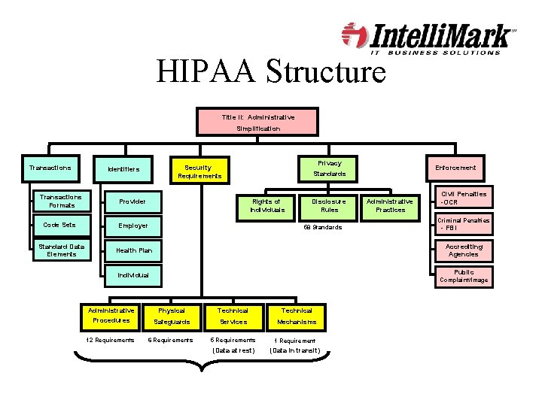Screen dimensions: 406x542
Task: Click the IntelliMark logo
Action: [x=429, y=39]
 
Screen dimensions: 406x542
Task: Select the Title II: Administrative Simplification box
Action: [x=258, y=123]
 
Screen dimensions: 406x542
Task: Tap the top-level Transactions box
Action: [x=50, y=168]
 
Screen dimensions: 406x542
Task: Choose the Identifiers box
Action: [x=123, y=168]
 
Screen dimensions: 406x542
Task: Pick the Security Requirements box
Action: [x=199, y=171]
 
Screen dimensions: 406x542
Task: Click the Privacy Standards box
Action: [x=329, y=168]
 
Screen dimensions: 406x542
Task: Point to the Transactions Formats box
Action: [x=62, y=200]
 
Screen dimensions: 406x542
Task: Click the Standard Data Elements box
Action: [x=62, y=250]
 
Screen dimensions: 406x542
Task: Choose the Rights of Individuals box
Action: [x=266, y=205]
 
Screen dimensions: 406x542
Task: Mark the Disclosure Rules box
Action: [x=329, y=205]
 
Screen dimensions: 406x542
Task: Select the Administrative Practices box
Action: [x=389, y=205]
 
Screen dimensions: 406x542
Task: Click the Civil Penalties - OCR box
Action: [x=464, y=198]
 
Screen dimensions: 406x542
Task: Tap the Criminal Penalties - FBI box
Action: [x=464, y=224]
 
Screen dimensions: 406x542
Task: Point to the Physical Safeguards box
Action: [x=172, y=316]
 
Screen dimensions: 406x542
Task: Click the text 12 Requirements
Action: [x=110, y=340]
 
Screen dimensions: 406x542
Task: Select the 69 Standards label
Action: [x=322, y=227]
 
